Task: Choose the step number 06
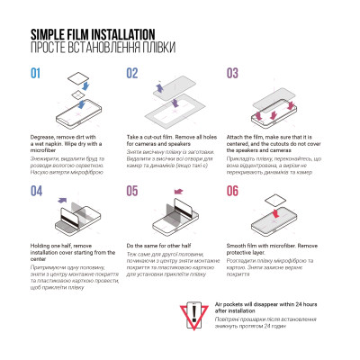tap(233, 191)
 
